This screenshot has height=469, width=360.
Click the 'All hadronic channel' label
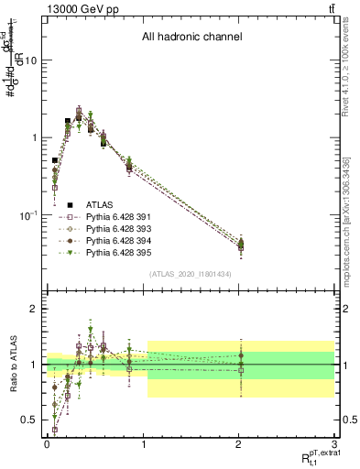(191, 38)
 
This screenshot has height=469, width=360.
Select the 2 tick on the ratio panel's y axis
(33, 310)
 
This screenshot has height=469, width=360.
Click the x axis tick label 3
(334, 442)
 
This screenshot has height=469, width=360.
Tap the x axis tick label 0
(46, 442)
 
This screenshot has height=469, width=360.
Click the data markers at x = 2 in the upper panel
(240, 244)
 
